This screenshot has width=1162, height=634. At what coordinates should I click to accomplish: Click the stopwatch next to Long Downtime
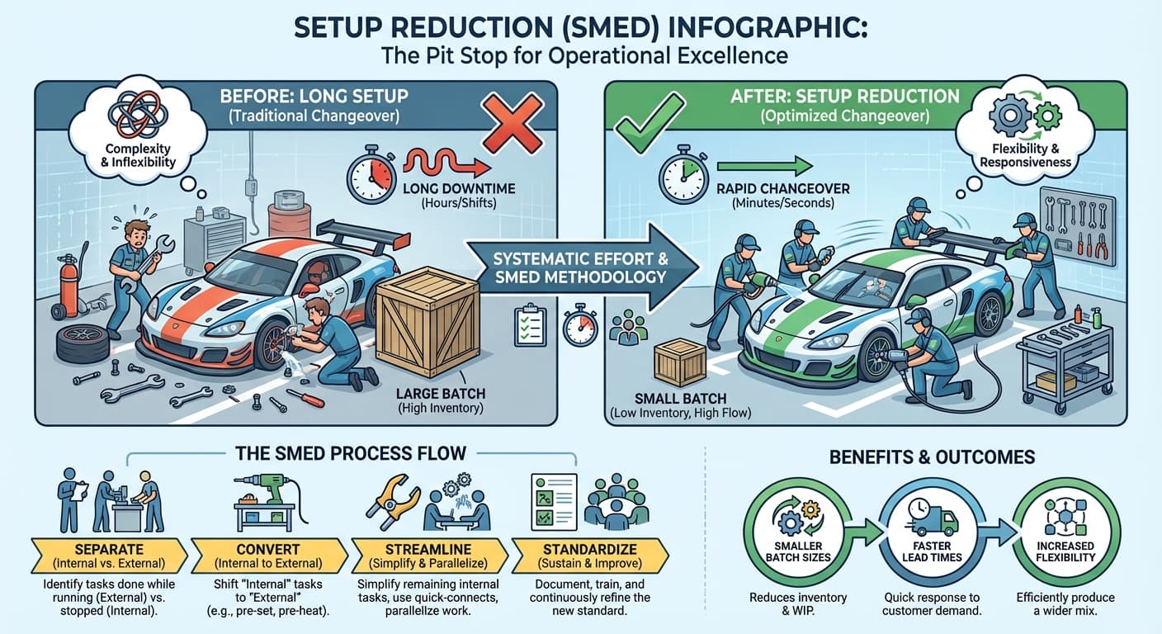pyautogui.click(x=368, y=175)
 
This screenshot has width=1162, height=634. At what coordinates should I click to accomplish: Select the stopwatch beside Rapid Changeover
pyautogui.click(x=681, y=175)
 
